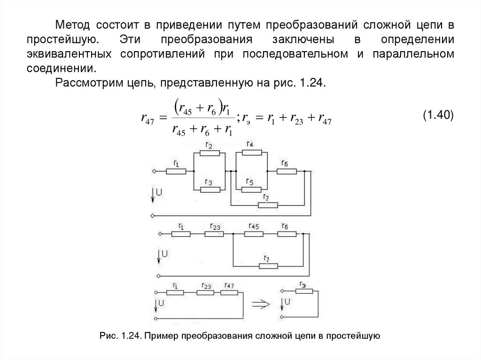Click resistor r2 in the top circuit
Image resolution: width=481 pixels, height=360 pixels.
(x=210, y=153)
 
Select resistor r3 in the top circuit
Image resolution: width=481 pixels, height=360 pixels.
(x=210, y=189)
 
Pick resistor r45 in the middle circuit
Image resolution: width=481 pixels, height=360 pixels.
(x=254, y=233)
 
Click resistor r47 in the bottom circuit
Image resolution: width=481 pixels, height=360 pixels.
(x=229, y=291)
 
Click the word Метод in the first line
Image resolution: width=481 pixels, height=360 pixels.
(x=71, y=24)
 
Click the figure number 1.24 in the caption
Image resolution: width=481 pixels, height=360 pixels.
(x=128, y=336)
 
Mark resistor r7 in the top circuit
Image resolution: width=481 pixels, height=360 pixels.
(x=268, y=205)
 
